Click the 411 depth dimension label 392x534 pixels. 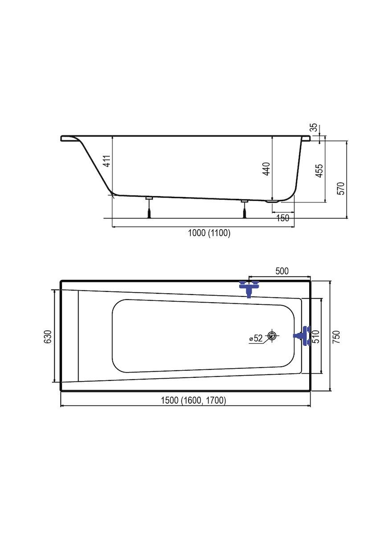click(108, 161)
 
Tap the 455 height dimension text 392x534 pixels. click(319, 170)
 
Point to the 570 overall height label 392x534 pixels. click(341, 188)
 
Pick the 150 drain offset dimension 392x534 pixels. click(282, 218)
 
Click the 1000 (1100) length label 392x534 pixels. click(209, 233)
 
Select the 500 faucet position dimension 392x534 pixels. click(282, 271)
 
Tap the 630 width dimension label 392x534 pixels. click(48, 336)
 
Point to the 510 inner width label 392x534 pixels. click(316, 336)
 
